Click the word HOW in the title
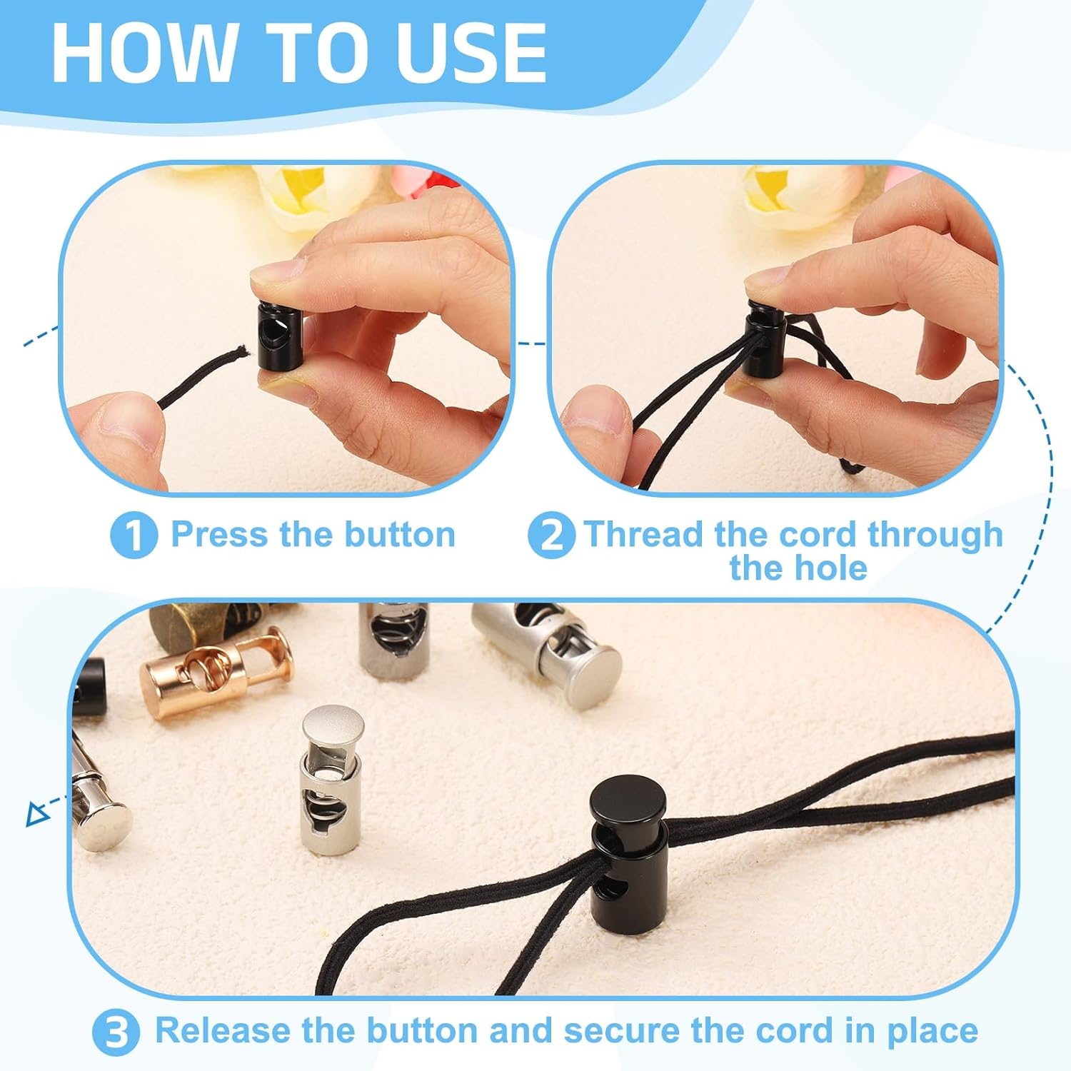(x=143, y=54)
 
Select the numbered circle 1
(x=134, y=535)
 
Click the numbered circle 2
(x=550, y=535)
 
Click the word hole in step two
(x=833, y=568)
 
